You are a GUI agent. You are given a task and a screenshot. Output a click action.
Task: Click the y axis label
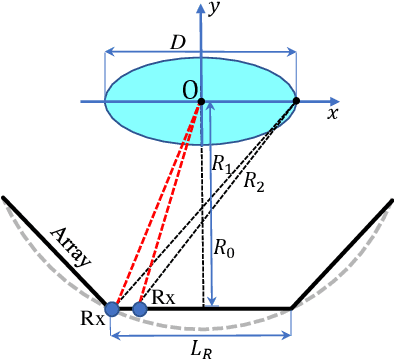pyautogui.click(x=215, y=10)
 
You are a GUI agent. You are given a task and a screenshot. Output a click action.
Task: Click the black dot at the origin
pyautogui.click(x=201, y=101)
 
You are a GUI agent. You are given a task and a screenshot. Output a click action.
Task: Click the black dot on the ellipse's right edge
pyautogui.click(x=297, y=101)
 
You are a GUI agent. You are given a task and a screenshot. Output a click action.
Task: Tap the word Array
pyautogui.click(x=69, y=245)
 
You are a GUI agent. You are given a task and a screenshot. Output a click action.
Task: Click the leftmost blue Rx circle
pyautogui.click(x=113, y=309)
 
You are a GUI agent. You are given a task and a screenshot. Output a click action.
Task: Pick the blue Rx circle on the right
pyautogui.click(x=140, y=309)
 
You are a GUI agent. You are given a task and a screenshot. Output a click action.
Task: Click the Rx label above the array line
pyautogui.click(x=163, y=297)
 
